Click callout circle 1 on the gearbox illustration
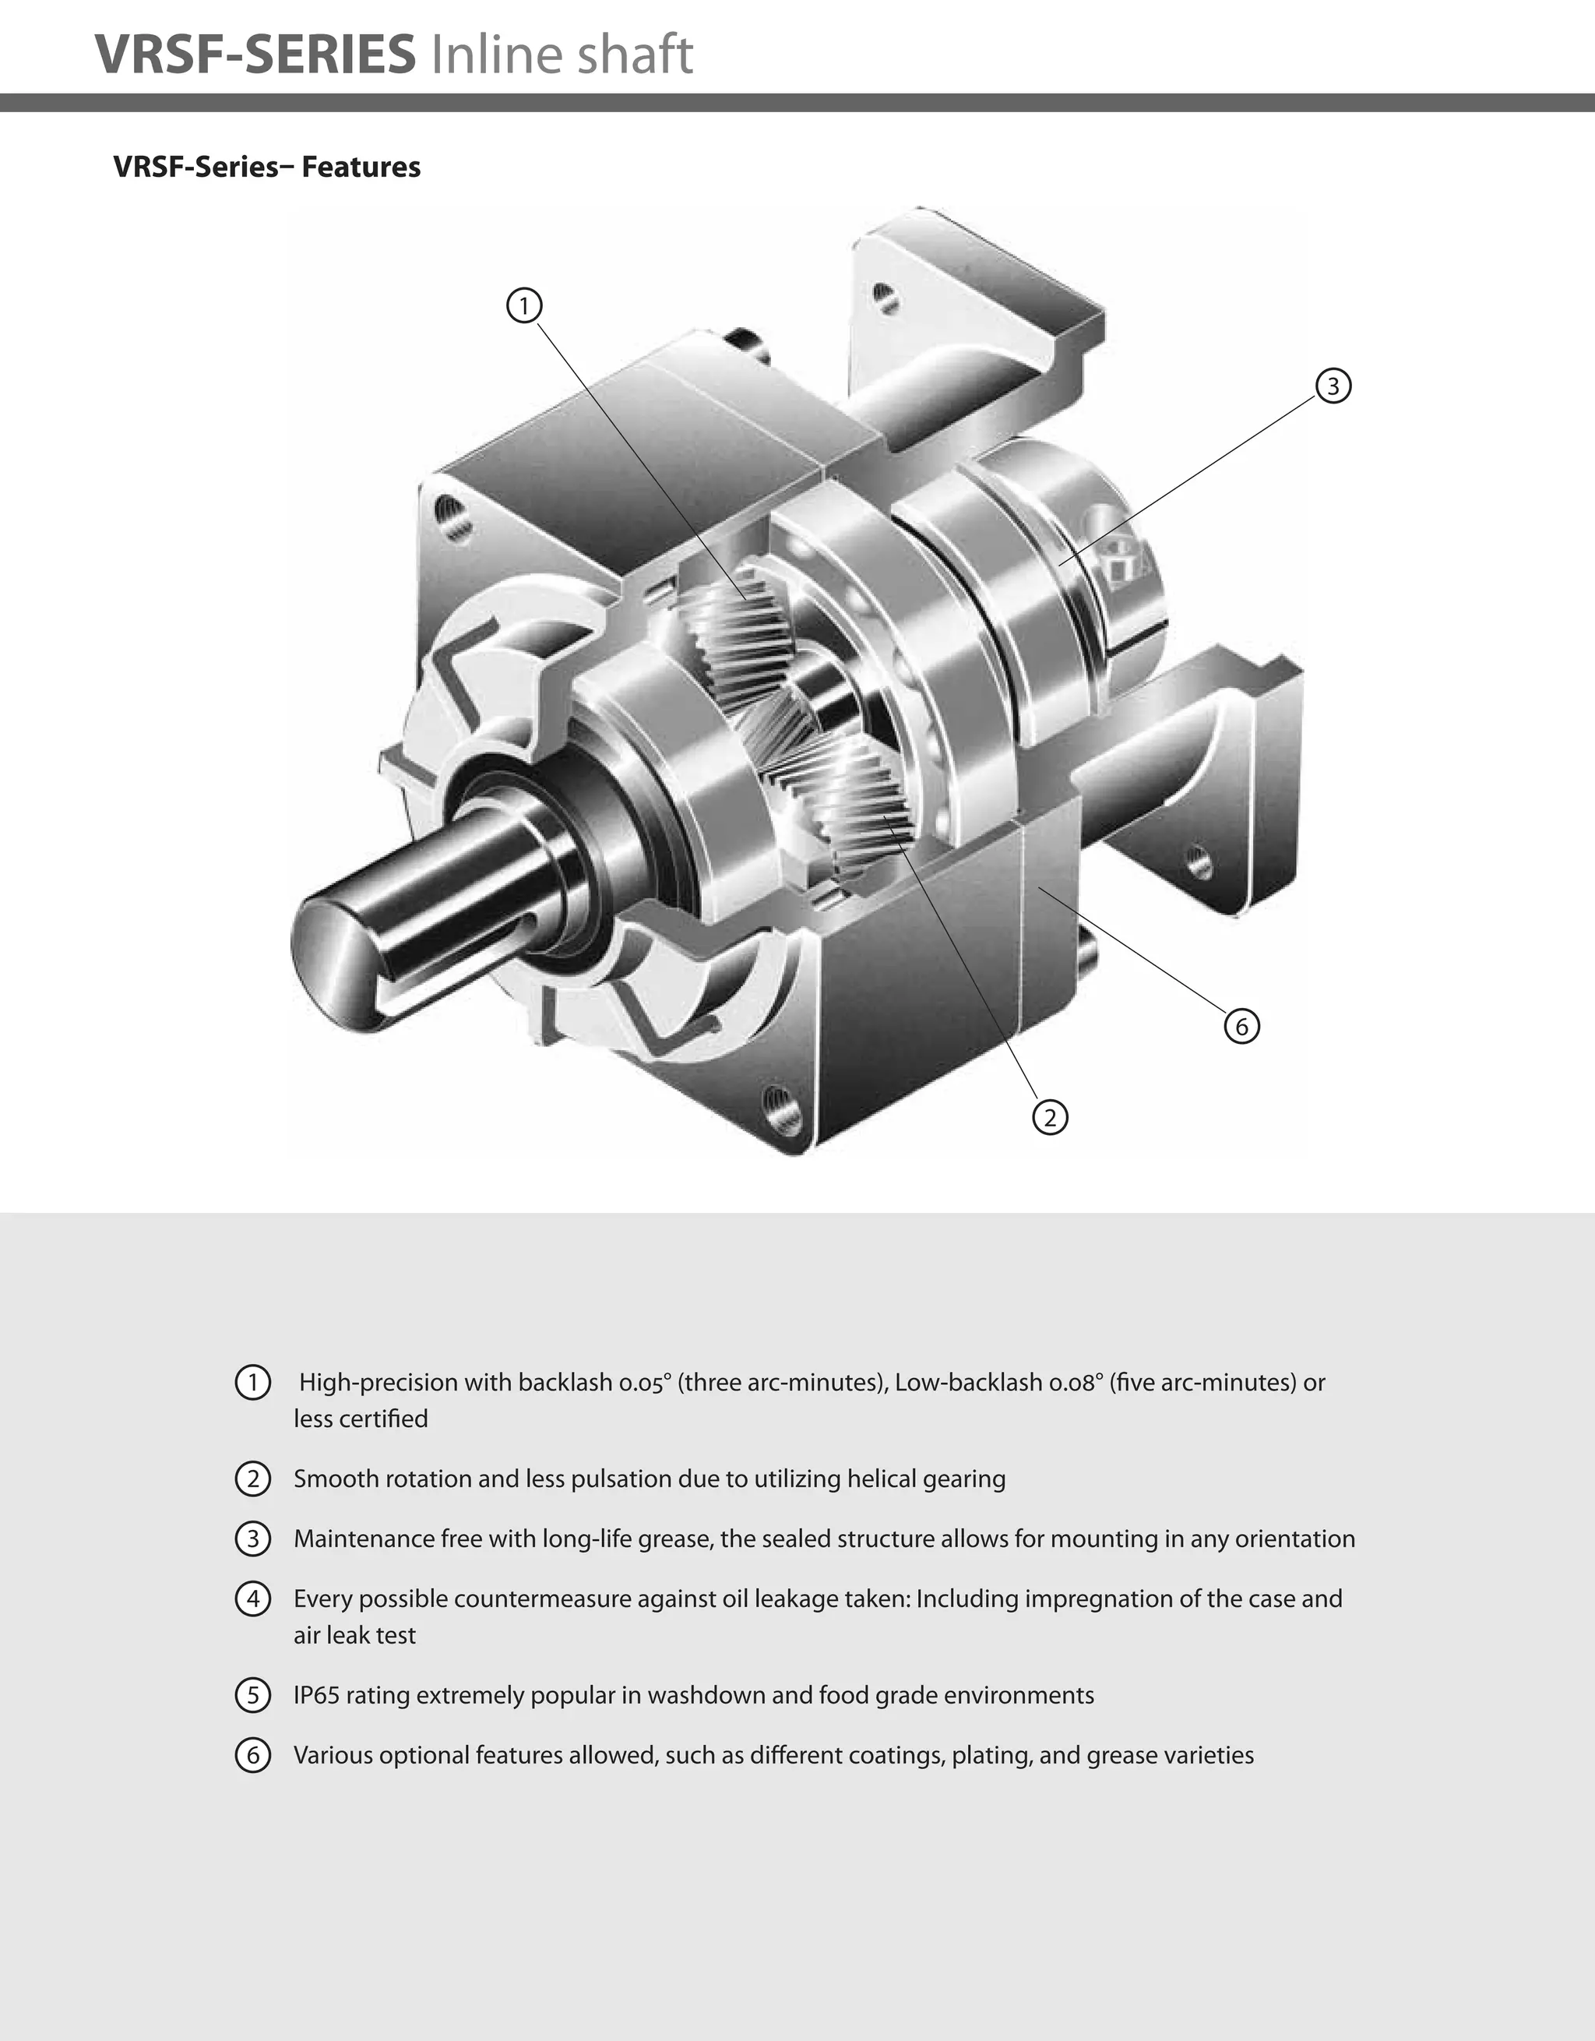coord(524,305)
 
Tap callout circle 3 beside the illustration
coord(1333,385)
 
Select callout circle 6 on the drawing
coord(1241,1026)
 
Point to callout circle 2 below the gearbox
coord(1051,1118)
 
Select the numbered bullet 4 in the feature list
coord(252,1599)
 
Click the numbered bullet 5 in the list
coord(252,1695)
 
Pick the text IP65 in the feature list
coord(316,1695)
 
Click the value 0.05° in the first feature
coord(645,1382)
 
